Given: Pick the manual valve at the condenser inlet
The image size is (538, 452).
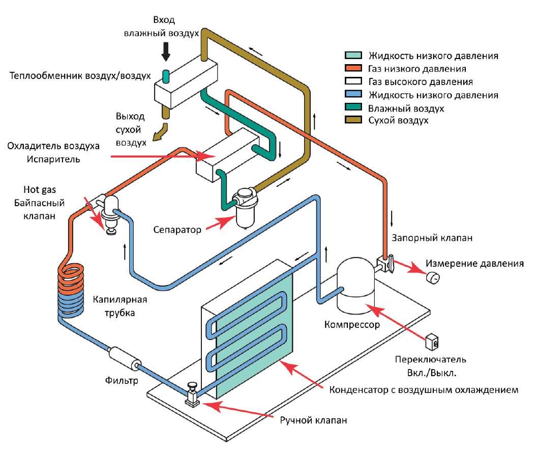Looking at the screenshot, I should [x=193, y=395].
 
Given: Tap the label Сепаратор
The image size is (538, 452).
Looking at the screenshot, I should [x=177, y=229].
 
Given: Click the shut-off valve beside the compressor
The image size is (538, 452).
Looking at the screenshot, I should [x=384, y=263].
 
